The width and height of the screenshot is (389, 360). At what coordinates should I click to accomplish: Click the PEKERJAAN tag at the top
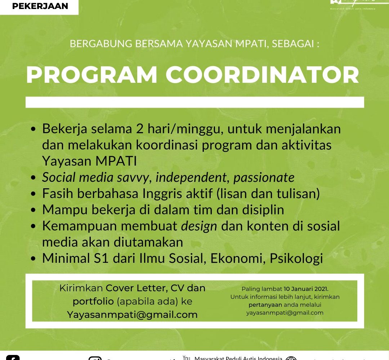pyautogui.click(x=40, y=6)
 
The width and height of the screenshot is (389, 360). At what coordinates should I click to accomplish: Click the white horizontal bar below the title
pyautogui.click(x=194, y=102)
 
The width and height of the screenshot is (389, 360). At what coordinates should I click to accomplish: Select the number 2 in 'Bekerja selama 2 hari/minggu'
pyautogui.click(x=139, y=129)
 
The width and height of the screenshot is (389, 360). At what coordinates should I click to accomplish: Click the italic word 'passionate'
pyautogui.click(x=264, y=177)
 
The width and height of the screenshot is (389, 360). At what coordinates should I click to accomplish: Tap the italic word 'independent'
pyautogui.click(x=191, y=177)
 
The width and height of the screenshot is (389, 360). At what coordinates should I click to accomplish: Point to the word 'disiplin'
pyautogui.click(x=258, y=210)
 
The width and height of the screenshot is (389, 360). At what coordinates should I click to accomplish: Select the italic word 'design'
pyautogui.click(x=199, y=226)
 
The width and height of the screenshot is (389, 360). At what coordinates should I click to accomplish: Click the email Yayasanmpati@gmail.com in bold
pyautogui.click(x=132, y=315)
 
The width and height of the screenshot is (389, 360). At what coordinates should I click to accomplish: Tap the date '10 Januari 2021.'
pyautogui.click(x=306, y=289)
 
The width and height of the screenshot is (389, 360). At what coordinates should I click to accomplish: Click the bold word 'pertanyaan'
pyautogui.click(x=265, y=305)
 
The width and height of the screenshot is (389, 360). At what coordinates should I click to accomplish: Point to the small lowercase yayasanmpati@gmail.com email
pyautogui.click(x=285, y=312)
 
